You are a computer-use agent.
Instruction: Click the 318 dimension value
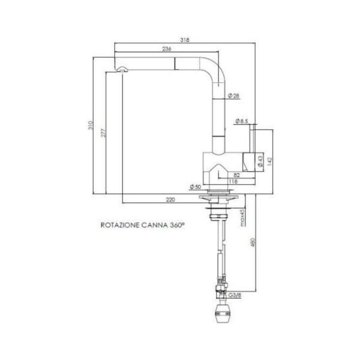point(185,40)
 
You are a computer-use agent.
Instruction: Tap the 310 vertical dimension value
point(90,125)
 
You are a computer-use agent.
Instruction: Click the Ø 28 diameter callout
point(234,96)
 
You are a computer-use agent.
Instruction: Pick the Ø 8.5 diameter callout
point(241,122)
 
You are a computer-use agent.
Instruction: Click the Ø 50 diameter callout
point(194,187)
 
